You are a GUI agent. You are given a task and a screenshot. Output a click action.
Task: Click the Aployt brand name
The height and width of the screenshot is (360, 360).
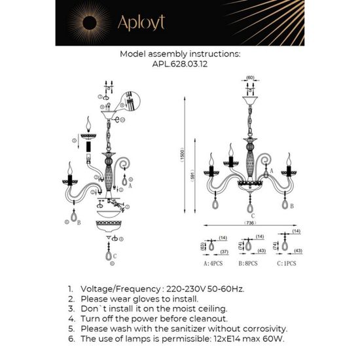tap(141, 24)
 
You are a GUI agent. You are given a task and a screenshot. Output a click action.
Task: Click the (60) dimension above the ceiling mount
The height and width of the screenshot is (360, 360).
tap(249, 79)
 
